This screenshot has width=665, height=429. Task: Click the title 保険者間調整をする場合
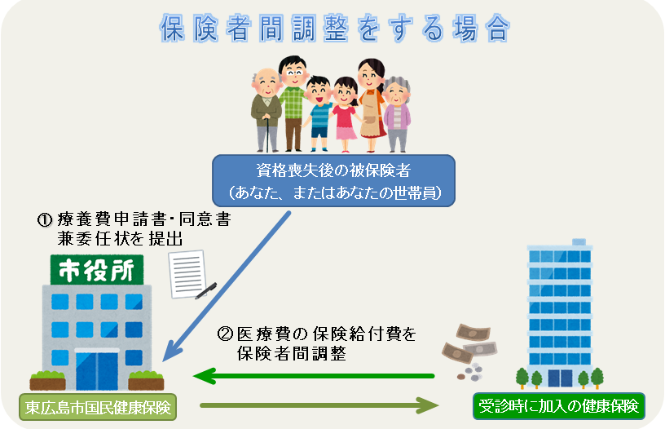335,28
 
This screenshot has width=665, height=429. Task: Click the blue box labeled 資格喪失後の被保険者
334,181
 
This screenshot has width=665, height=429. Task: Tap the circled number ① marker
45,220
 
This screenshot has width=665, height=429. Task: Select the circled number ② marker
225,334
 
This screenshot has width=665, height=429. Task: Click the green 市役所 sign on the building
97,270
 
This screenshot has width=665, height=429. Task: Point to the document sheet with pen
191,275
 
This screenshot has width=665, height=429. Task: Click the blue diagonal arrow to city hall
227,286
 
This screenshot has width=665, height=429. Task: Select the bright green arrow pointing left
314,376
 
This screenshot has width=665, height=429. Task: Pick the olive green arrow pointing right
319,405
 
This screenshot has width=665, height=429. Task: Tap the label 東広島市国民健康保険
98,407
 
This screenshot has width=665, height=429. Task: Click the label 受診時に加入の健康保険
559,406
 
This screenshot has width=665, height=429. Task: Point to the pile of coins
471,372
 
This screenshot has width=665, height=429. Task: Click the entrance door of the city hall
97,369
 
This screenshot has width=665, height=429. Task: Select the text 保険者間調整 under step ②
292,353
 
